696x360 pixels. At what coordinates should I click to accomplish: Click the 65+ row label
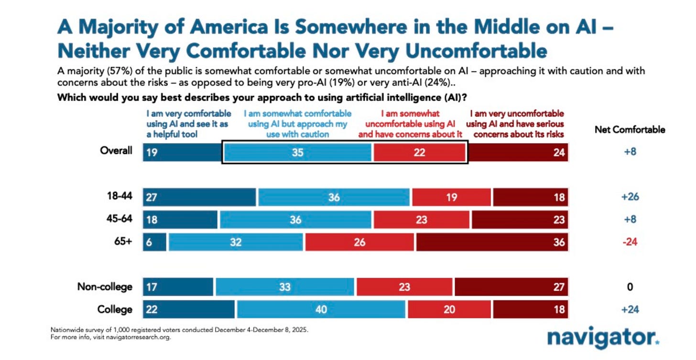click(x=122, y=241)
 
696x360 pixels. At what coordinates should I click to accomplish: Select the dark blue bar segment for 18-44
click(x=199, y=197)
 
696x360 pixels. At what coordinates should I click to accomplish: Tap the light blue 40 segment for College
click(x=321, y=309)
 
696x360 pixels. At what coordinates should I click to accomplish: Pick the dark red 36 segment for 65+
click(x=492, y=242)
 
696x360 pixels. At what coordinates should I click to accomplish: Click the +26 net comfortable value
click(x=630, y=197)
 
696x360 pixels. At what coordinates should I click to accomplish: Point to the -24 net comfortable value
click(x=630, y=242)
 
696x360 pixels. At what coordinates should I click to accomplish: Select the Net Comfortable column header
click(x=630, y=130)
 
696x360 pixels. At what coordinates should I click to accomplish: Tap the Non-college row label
click(x=105, y=287)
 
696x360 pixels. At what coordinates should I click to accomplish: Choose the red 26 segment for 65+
click(x=360, y=242)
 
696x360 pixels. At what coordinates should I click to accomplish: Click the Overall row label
click(x=116, y=151)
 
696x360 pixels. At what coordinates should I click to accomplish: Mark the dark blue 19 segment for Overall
click(x=182, y=153)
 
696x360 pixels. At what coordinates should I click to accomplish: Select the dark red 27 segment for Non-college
click(x=511, y=287)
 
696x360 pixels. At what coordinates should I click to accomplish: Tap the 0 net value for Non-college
click(x=630, y=287)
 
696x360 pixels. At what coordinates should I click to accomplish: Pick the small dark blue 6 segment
click(x=155, y=242)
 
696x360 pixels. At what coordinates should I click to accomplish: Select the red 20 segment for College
click(x=449, y=309)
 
